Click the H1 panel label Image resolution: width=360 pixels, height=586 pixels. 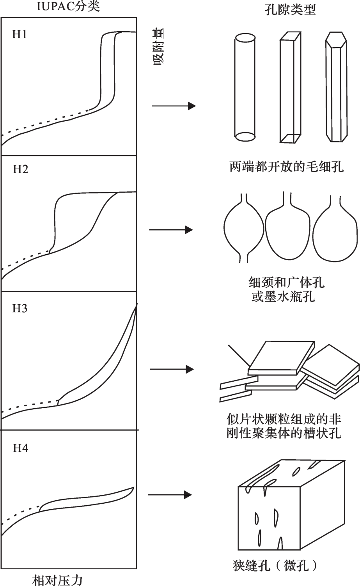click(20, 34)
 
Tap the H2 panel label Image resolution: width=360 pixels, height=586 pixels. click(20, 170)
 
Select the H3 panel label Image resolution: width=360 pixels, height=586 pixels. click(20, 309)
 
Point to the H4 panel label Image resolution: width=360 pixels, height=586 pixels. click(20, 448)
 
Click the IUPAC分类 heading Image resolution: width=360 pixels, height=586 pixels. click(68, 7)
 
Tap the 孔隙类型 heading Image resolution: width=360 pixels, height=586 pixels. click(290, 9)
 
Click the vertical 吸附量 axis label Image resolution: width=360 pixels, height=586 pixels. click(158, 47)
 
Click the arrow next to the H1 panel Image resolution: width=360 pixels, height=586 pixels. click(174, 106)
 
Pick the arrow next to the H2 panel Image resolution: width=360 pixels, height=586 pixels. click(171, 230)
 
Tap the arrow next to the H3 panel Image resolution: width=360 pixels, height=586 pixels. click(172, 369)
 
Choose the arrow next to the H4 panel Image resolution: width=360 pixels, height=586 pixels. click(170, 495)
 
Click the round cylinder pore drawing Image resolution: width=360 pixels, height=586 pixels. click(245, 87)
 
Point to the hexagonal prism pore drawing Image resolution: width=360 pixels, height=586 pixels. click(336, 87)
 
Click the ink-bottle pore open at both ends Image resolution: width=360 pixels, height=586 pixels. click(244, 228)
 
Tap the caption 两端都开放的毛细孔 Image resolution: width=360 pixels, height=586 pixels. click(287, 166)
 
